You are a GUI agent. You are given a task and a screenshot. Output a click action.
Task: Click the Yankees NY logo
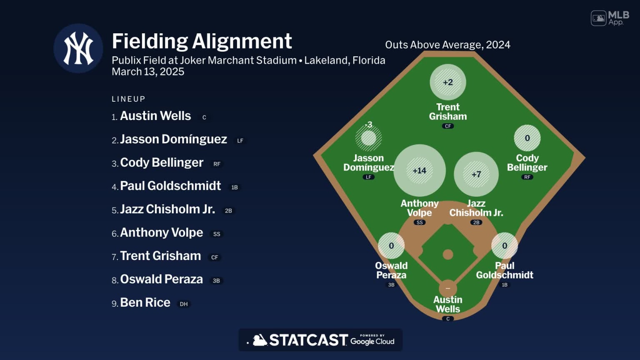click(x=78, y=48)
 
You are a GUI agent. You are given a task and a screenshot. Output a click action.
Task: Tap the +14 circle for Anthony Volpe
click(x=420, y=170)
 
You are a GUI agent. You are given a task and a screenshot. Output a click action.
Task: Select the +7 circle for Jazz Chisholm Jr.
click(x=476, y=174)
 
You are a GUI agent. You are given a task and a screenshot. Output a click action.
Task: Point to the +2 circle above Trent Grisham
click(x=448, y=82)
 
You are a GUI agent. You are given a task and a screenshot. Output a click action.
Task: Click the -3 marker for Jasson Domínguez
click(x=368, y=137)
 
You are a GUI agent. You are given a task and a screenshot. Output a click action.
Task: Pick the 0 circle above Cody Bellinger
click(x=527, y=138)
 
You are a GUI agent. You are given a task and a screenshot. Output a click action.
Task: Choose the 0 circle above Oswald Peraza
click(x=391, y=246)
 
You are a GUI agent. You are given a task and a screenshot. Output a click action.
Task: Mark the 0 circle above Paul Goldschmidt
click(x=505, y=246)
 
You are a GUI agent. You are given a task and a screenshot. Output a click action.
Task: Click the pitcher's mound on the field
click(x=448, y=254)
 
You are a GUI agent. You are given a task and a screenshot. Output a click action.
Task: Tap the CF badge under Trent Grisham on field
click(x=448, y=126)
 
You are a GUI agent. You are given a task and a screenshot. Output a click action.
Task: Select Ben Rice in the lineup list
click(x=145, y=302)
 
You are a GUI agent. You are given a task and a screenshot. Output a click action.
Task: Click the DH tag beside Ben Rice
click(x=184, y=304)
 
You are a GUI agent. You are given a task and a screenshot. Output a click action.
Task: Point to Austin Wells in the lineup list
click(x=155, y=116)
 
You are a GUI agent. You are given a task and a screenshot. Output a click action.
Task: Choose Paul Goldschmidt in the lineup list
click(x=170, y=186)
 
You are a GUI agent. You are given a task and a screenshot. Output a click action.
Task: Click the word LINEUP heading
click(x=128, y=99)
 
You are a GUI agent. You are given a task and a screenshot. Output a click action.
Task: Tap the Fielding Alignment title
click(x=202, y=41)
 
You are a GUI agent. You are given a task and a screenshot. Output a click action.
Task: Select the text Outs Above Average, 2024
click(x=447, y=45)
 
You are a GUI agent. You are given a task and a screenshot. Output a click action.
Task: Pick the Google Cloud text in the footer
click(x=372, y=341)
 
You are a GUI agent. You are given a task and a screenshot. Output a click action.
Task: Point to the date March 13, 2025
click(x=148, y=72)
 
